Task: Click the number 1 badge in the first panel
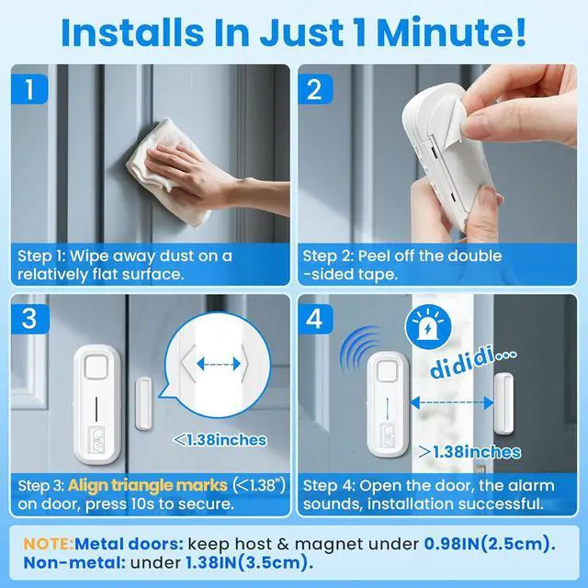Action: [29, 89]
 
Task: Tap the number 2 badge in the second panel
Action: [315, 89]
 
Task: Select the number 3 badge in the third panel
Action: [30, 319]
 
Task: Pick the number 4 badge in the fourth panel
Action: [315, 319]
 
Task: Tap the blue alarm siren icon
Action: [427, 327]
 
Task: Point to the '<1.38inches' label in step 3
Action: [220, 440]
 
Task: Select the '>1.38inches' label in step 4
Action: [469, 452]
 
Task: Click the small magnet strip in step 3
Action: [143, 403]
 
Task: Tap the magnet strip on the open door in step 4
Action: [503, 403]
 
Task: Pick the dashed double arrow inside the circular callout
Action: [219, 364]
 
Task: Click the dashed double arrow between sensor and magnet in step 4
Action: [452, 402]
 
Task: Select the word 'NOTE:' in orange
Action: [49, 544]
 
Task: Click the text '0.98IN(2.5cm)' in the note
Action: [490, 544]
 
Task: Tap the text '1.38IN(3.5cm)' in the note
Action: [249, 563]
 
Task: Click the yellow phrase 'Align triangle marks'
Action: [147, 485]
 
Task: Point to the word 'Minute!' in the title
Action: [451, 32]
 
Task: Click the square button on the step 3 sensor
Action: [97, 367]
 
